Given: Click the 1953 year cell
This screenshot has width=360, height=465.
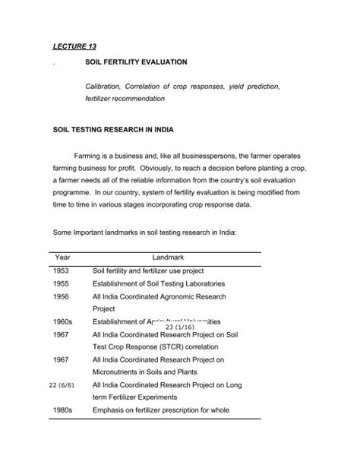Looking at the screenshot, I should (x=62, y=270).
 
